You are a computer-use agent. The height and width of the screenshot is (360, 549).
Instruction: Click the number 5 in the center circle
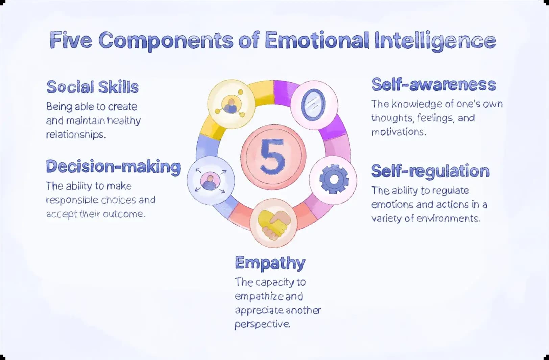[273, 156]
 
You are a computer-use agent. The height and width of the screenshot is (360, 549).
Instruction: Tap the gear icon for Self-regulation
[334, 179]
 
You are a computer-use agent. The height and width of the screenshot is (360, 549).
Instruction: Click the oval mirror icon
[313, 105]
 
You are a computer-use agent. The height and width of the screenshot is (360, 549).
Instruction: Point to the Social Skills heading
[93, 87]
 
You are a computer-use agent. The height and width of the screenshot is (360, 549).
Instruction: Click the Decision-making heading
[114, 167]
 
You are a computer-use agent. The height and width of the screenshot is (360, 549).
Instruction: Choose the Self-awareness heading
[434, 85]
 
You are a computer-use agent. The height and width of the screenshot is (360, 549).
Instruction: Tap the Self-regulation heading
[430, 171]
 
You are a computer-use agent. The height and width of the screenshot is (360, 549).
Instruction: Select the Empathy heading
[270, 263]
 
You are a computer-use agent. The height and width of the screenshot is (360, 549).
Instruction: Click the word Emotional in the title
[317, 40]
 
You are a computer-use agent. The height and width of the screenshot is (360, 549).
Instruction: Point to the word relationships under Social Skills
[76, 134]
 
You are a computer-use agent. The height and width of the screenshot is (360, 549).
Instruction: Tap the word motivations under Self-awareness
[399, 132]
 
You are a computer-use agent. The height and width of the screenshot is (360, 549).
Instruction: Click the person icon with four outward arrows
[210, 180]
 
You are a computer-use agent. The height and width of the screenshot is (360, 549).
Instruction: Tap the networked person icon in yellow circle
[231, 104]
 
